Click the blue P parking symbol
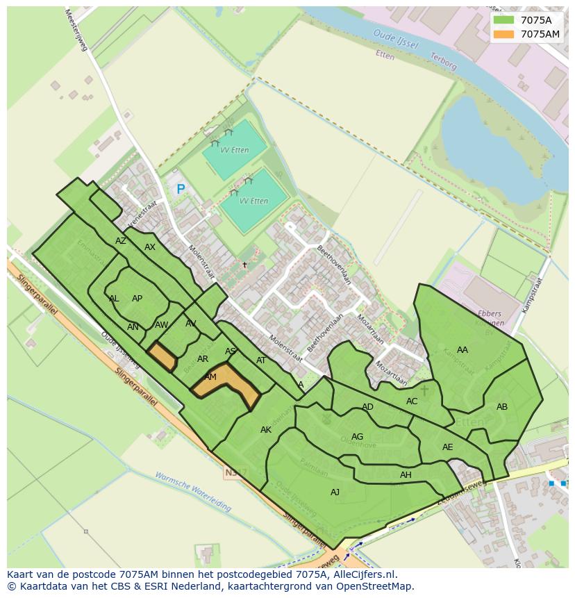[181, 189]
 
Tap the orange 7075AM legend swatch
[503, 34]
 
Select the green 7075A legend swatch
[503, 20]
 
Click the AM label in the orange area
[210, 377]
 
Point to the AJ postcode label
[335, 492]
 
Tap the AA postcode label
[462, 350]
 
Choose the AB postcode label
[502, 407]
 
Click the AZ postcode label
[121, 241]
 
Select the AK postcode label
[266, 430]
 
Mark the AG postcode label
[357, 437]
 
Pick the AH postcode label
[406, 475]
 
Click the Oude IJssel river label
[395, 39]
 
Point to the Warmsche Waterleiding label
[192, 492]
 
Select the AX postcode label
[150, 247]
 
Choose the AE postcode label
[447, 447]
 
